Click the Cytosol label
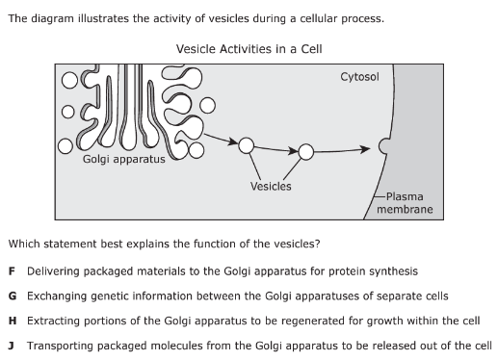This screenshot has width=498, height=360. click(359, 77)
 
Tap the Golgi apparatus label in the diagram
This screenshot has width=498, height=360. click(124, 159)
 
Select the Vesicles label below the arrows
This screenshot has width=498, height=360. click(271, 186)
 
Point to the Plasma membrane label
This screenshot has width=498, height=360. click(405, 203)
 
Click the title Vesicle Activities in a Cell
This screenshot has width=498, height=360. click(249, 49)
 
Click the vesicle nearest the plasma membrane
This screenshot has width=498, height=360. click(306, 152)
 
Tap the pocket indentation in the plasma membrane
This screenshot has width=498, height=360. click(381, 146)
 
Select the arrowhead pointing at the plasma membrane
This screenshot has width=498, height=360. click(365, 149)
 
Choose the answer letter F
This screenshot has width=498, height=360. click(12, 271)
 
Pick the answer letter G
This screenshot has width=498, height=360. click(13, 296)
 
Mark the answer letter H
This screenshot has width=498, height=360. click(13, 321)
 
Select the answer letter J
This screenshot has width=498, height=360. click(12, 346)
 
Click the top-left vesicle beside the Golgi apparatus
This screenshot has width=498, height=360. click(69, 80)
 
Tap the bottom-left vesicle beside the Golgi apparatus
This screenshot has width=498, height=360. click(66, 146)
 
